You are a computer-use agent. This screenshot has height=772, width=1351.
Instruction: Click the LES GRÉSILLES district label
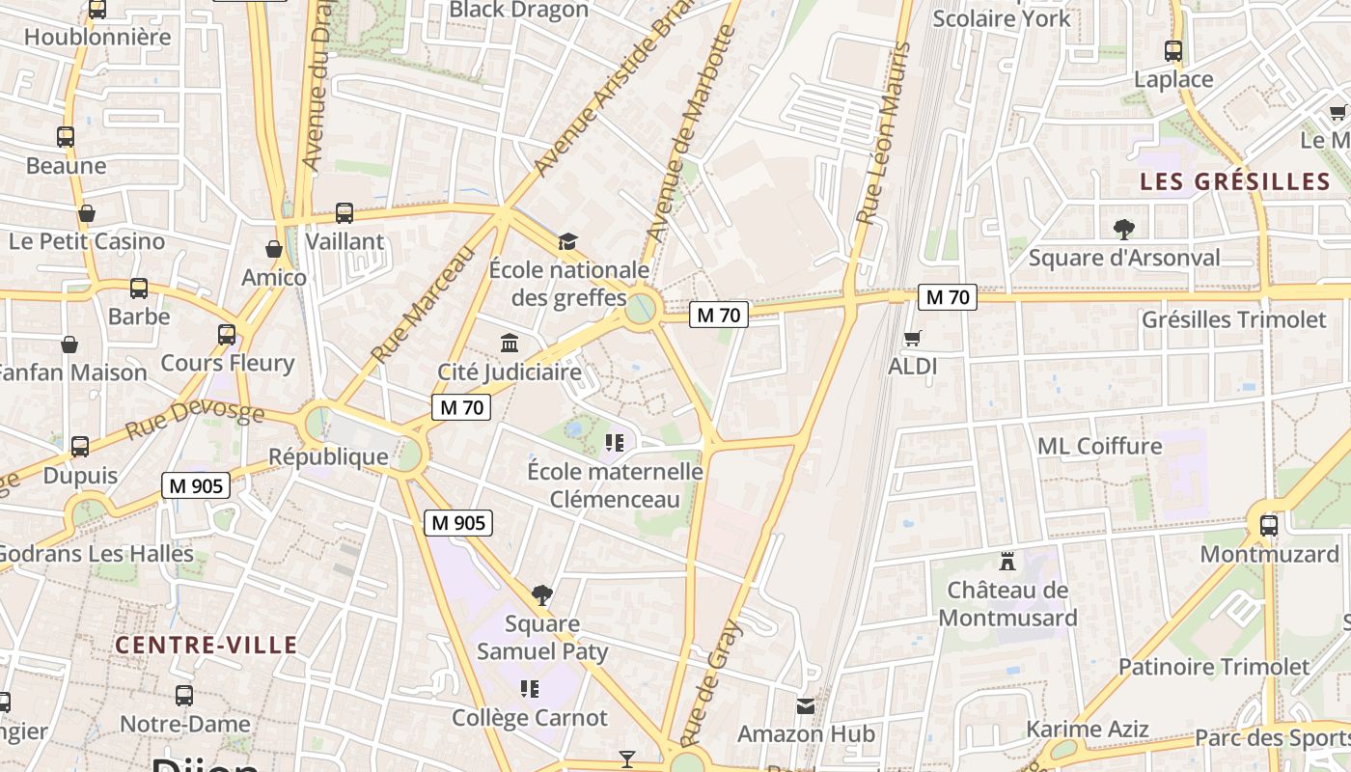pos(1234,181)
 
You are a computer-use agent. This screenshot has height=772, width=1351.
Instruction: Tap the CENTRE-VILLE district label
pos(207,645)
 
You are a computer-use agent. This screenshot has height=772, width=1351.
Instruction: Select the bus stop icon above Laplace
pos(1173,51)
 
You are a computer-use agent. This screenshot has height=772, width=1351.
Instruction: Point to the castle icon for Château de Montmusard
pos(1007,561)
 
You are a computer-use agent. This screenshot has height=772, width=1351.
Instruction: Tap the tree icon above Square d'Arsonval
pos(1123,229)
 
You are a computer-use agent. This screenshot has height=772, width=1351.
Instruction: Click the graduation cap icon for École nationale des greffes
pos(567,240)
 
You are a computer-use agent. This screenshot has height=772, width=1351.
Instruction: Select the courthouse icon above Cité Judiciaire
pos(509,343)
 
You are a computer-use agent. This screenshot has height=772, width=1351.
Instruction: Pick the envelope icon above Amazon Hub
pos(806,705)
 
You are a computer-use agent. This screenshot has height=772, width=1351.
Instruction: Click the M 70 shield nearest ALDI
pos(947,297)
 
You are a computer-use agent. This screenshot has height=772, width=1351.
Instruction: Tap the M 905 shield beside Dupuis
pos(195,485)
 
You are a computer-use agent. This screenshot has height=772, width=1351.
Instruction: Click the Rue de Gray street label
pos(713,681)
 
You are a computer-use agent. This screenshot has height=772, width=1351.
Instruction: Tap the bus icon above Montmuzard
pos(1268,525)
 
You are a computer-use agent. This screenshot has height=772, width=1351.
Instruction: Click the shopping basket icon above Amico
pos(274,249)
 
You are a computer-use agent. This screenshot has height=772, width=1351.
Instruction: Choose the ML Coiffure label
pos(1099,446)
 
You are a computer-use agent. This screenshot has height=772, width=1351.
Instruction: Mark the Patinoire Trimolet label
pos(1214,666)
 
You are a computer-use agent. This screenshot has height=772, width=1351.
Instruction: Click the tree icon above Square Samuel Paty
pos(542,594)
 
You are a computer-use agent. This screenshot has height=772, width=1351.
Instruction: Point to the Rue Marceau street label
pos(424,304)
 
